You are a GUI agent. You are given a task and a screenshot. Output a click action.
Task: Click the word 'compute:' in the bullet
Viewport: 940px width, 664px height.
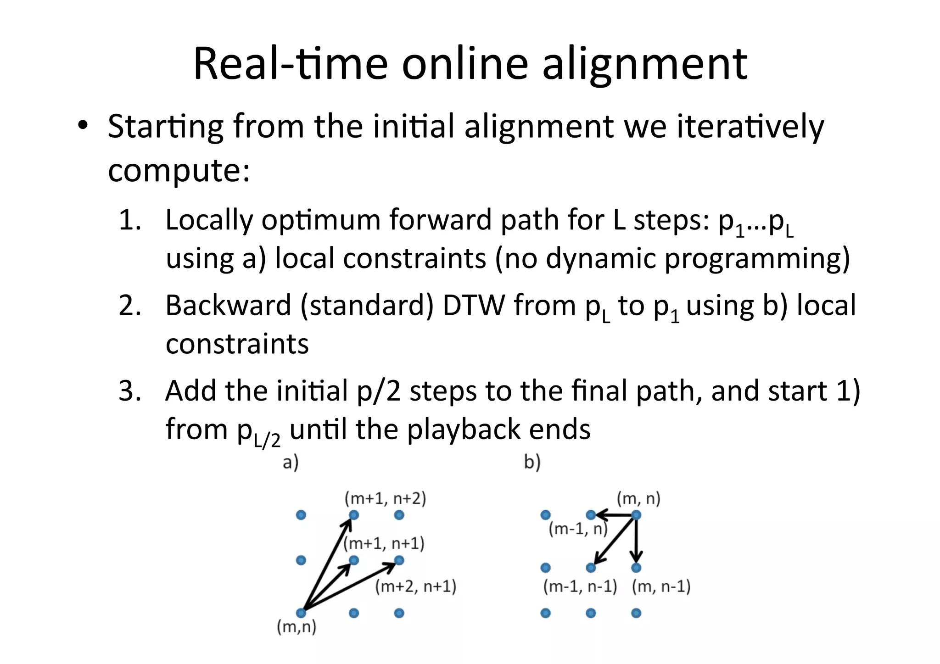[x=179, y=171]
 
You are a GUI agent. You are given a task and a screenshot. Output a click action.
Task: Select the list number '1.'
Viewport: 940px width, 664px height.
[x=130, y=220]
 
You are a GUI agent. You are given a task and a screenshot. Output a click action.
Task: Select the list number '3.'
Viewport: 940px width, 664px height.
[x=130, y=391]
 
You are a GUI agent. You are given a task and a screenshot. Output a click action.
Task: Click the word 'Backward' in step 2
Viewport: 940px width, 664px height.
[x=228, y=305]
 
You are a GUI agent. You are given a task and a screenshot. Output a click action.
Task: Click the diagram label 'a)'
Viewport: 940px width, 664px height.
[x=291, y=462]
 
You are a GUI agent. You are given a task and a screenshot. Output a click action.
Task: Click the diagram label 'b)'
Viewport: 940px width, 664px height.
[x=532, y=462]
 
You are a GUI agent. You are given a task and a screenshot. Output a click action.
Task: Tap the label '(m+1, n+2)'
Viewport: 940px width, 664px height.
[x=385, y=498]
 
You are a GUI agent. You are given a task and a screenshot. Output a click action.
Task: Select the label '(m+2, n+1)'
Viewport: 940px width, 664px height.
[x=415, y=586]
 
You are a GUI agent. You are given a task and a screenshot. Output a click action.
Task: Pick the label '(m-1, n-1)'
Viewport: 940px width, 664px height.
[x=580, y=586]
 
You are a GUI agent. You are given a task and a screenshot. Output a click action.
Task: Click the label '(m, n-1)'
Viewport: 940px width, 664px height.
[x=661, y=586]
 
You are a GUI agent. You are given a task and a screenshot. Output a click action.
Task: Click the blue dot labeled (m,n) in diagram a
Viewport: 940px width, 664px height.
[x=301, y=613]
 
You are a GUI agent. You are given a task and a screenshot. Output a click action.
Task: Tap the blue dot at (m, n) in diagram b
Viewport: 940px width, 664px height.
[x=636, y=515]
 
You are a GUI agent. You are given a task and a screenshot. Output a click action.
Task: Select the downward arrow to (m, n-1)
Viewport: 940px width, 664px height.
[x=636, y=541]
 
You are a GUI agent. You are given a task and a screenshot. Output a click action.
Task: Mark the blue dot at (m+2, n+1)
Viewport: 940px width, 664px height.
[x=399, y=560]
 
